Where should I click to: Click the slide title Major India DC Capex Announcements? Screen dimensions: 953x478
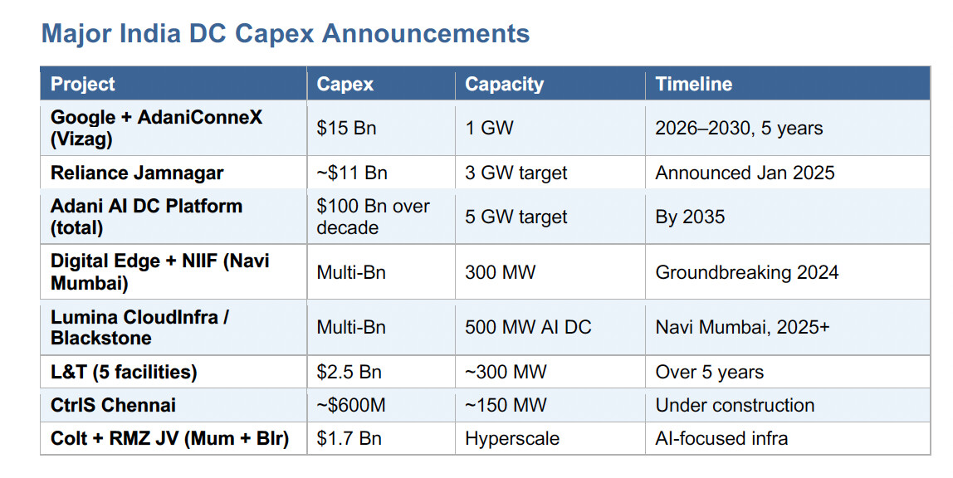point(286,33)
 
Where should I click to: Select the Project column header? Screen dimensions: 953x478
point(83,84)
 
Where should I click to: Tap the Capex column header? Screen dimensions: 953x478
point(345,84)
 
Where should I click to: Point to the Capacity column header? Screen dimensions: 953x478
point(505,84)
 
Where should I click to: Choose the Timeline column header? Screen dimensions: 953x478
point(693,84)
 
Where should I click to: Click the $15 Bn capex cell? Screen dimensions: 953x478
point(346,128)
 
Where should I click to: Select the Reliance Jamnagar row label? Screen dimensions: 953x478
point(137,173)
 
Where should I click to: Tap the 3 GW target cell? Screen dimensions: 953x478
point(516,173)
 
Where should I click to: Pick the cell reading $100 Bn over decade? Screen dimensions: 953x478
point(374,217)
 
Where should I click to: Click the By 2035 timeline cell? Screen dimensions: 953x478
point(690,217)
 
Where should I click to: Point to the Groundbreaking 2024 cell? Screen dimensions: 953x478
point(747,272)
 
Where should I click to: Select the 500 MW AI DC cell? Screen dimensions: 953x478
point(528,327)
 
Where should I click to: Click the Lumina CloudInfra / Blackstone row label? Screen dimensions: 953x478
point(139,327)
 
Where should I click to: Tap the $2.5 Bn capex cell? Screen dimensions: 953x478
point(349,373)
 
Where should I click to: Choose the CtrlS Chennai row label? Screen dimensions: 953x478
point(113,405)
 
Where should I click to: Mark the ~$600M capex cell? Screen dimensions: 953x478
point(351,405)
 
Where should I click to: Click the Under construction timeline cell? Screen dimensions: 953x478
point(735,405)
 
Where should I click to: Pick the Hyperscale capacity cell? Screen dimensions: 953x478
point(512,438)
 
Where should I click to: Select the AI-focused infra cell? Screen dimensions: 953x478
point(721,438)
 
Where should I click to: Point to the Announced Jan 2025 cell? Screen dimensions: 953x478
point(745,173)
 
